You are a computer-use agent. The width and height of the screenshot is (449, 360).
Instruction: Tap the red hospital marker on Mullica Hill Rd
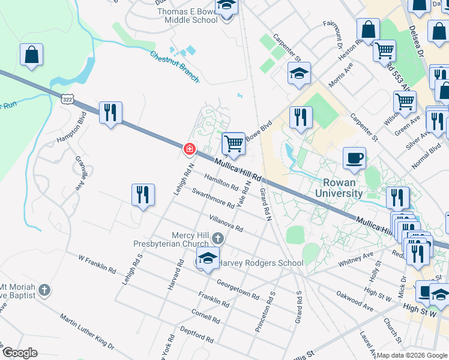pyautogui.click(x=189, y=148)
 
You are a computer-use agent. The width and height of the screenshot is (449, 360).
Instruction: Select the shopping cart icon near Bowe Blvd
pyautogui.click(x=234, y=143)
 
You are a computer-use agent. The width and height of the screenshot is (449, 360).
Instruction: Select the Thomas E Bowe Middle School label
pyautogui.click(x=187, y=15)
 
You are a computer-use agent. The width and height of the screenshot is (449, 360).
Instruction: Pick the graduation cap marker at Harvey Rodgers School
pyautogui.click(x=208, y=259)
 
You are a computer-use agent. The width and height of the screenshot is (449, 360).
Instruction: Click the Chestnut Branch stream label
pyautogui.click(x=175, y=66)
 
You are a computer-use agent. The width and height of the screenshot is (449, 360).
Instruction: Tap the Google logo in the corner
pyautogui.click(x=19, y=353)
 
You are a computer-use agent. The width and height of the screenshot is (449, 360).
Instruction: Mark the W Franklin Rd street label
pyautogui.click(x=97, y=263)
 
